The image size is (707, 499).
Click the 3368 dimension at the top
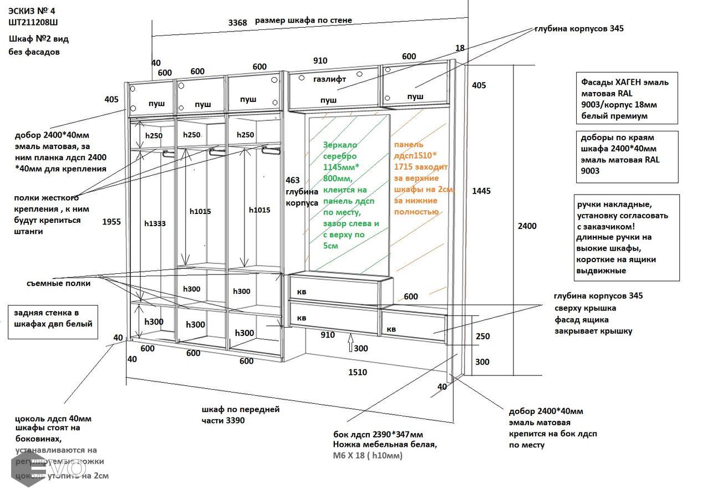pyautogui.click(x=237, y=23)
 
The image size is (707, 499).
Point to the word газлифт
pyautogui.click(x=329, y=79)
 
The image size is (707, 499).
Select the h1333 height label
pyautogui.click(x=155, y=223)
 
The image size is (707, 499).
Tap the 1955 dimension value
pyautogui.click(x=111, y=222)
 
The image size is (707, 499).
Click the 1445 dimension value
pyautogui.click(x=481, y=191)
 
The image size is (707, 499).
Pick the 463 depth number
pyautogui.click(x=292, y=180)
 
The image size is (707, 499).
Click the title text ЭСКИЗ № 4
pyautogui.click(x=32, y=11)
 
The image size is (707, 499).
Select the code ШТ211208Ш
pyautogui.click(x=33, y=22)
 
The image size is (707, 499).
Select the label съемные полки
pyautogui.click(x=58, y=283)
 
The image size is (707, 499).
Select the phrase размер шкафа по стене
pyautogui.click(x=303, y=21)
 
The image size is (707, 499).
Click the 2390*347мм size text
pyautogui.click(x=395, y=434)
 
